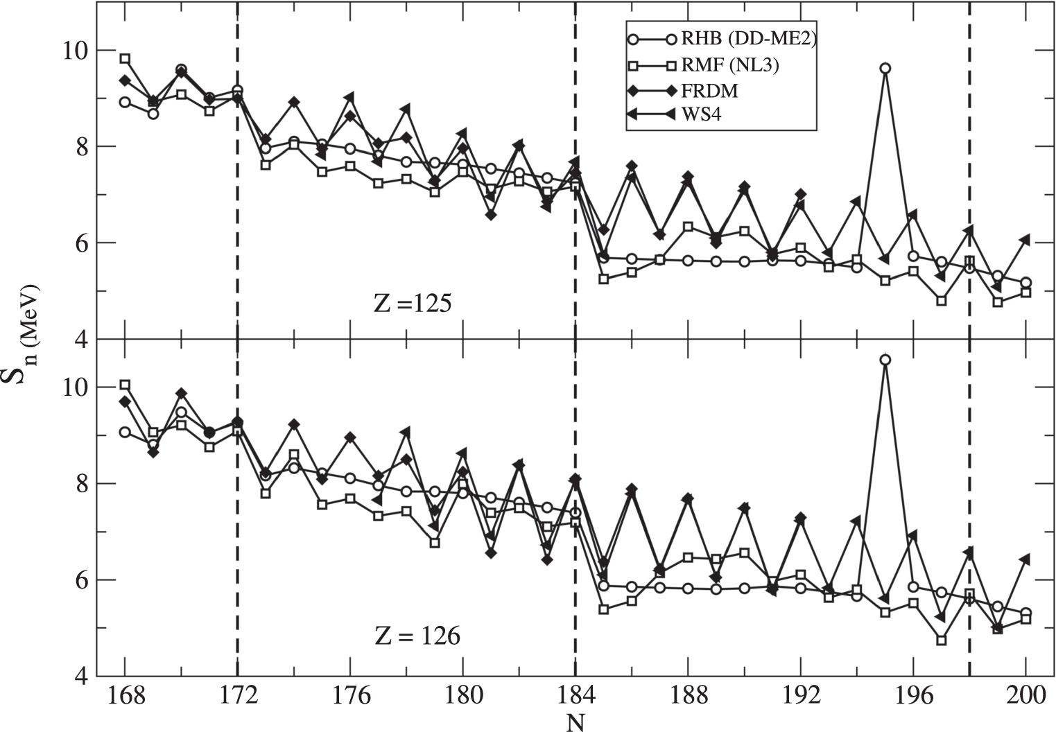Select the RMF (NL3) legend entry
click(x=732, y=66)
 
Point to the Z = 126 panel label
click(x=417, y=636)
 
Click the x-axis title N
click(x=575, y=722)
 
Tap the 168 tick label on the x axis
click(x=125, y=696)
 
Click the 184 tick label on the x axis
click(x=575, y=696)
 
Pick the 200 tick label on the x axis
click(x=1025, y=696)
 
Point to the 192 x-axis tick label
click(x=800, y=696)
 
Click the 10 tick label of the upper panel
click(x=70, y=51)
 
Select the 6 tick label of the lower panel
click(x=78, y=580)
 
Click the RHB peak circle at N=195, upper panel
click(x=885, y=68)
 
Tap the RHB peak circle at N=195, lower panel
click(x=885, y=360)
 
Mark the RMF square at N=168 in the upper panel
click(x=125, y=59)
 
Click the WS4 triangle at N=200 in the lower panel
click(x=1025, y=559)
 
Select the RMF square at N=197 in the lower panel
click(x=941, y=640)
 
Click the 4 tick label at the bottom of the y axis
click(x=78, y=676)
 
